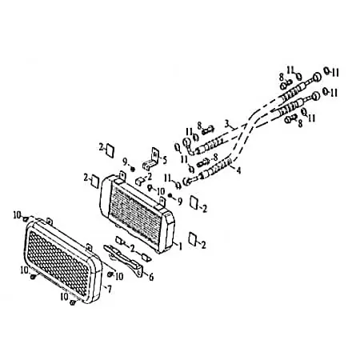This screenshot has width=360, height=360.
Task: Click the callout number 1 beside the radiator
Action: pyautogui.click(x=180, y=246)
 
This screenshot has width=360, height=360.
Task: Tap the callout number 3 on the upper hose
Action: pyautogui.click(x=227, y=123)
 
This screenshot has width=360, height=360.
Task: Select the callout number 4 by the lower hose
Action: pyautogui.click(x=238, y=170)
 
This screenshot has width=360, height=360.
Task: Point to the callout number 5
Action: pyautogui.click(x=164, y=160)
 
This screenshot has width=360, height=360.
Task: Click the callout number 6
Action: pyautogui.click(x=151, y=277)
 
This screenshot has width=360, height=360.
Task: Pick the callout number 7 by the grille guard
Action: pyautogui.click(x=109, y=289)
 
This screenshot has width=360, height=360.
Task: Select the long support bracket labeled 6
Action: pyautogui.click(x=123, y=258)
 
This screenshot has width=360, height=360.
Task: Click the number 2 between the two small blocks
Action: pyautogui.click(x=133, y=248)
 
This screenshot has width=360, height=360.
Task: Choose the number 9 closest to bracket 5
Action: pyautogui.click(x=125, y=162)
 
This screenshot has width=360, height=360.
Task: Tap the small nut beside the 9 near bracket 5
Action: pyautogui.click(x=132, y=169)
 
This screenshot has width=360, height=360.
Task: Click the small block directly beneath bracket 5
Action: pyautogui.click(x=139, y=181)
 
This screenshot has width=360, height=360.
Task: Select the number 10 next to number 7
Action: pyautogui.click(x=119, y=276)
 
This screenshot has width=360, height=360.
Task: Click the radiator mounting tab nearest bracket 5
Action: pyautogui.click(x=122, y=175)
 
